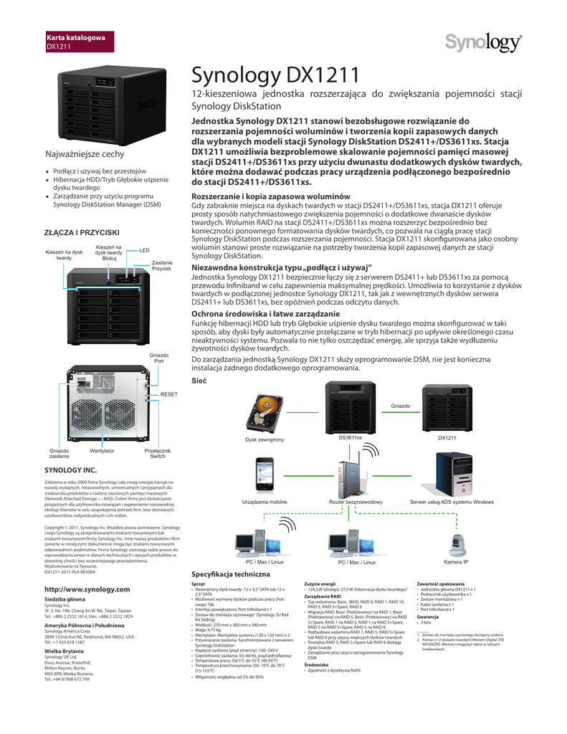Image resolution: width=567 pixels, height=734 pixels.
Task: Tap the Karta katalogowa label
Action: pyautogui.click(x=75, y=37)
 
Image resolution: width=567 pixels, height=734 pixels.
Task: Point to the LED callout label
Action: pyautogui.click(x=144, y=250)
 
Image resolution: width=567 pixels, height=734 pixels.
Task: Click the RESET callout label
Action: pyautogui.click(x=168, y=395)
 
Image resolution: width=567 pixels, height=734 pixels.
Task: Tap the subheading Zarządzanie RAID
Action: pyautogui.click(x=322, y=596)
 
